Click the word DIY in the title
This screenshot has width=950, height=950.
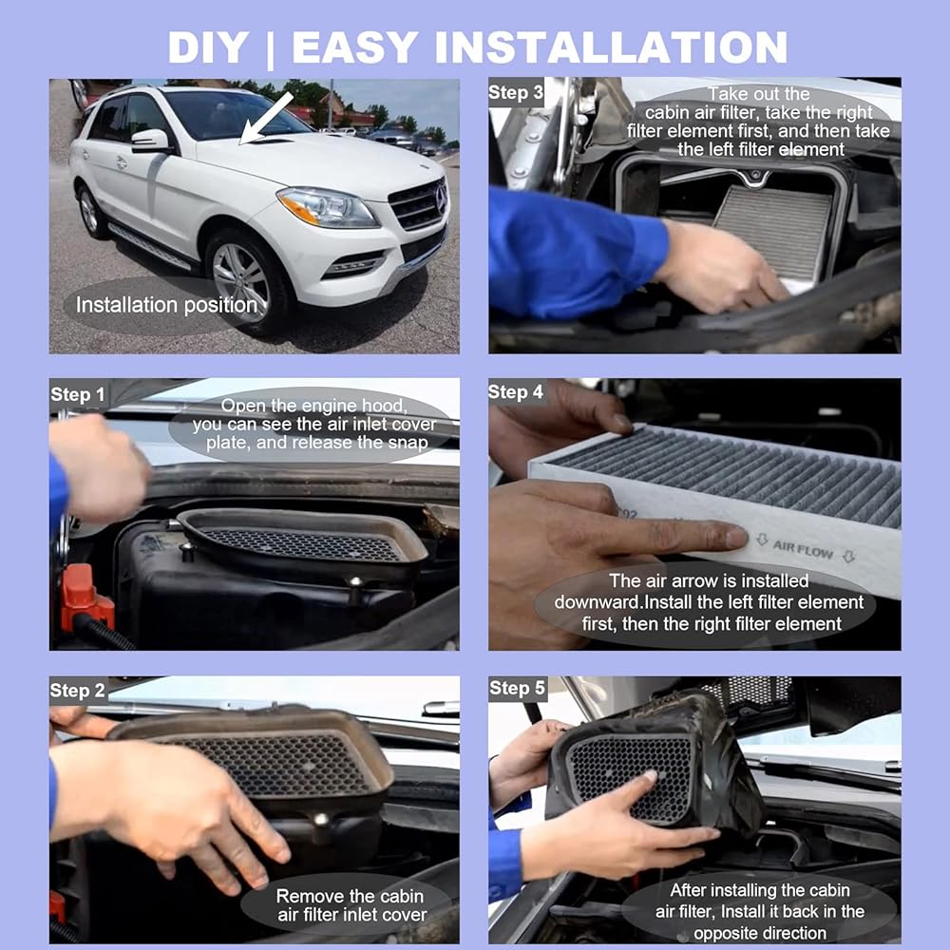[208, 47]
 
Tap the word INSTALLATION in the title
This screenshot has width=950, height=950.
[612, 47]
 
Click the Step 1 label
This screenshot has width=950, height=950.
[78, 394]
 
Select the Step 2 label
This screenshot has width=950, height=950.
[77, 690]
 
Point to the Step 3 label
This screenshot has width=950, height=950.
[516, 92]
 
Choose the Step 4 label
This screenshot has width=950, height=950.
[516, 392]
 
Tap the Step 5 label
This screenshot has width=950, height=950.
[517, 688]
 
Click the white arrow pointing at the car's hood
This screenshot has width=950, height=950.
[267, 119]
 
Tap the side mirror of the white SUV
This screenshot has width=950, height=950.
[150, 141]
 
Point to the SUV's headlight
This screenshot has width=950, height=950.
[327, 207]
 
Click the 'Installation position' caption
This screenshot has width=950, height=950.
[166, 305]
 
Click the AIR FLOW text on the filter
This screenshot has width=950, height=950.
[804, 549]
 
